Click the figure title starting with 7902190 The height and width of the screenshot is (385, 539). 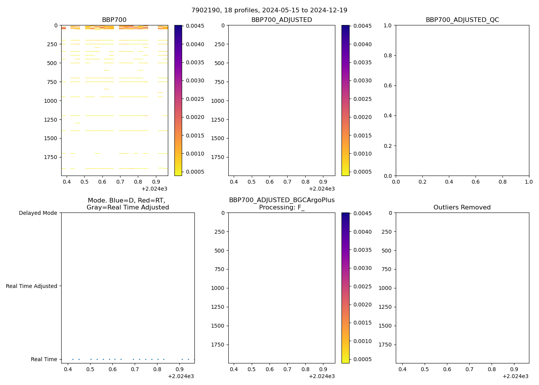(269, 10)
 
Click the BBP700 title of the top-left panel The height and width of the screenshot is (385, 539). (114, 20)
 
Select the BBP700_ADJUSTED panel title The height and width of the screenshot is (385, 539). (281, 20)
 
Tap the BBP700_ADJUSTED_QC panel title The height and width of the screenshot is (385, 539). (462, 20)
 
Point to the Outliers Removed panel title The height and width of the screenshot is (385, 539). (462, 207)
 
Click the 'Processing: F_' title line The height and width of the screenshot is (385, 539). (281, 207)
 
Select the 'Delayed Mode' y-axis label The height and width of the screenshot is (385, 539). (38, 213)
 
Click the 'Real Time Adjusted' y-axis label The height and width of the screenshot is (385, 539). (32, 286)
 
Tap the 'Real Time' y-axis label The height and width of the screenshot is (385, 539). (44, 359)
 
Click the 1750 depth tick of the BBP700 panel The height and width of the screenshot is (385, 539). (50, 157)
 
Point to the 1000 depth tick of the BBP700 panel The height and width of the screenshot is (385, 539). (50, 101)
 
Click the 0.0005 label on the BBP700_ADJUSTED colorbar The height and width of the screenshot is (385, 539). (362, 172)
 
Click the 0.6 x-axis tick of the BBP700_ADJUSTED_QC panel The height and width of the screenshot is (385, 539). (476, 181)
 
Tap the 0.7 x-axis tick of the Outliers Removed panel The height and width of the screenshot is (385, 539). (469, 369)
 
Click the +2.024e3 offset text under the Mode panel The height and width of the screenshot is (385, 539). (181, 376)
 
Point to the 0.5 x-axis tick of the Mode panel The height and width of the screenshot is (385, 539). (90, 369)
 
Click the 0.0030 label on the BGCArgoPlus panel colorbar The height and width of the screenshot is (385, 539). (362, 268)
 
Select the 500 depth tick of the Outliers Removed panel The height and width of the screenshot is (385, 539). (387, 251)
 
